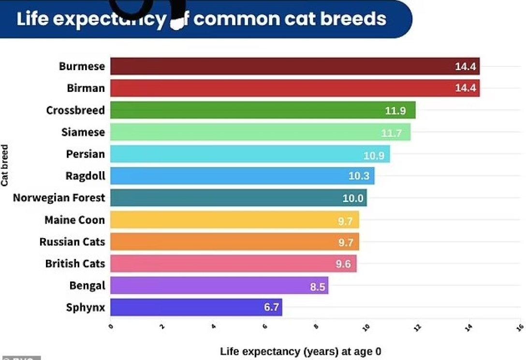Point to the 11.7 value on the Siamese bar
pyautogui.click(x=391, y=133)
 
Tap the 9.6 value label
pyautogui.click(x=343, y=264)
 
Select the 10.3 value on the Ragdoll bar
pyautogui.click(x=359, y=176)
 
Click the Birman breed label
pyautogui.click(x=86, y=88)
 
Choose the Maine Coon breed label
pyautogui.click(x=74, y=220)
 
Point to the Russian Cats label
pyautogui.click(x=72, y=242)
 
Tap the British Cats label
pyautogui.click(x=75, y=264)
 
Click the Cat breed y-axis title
pyautogui.click(x=5, y=165)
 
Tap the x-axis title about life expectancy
pyautogui.click(x=300, y=352)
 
